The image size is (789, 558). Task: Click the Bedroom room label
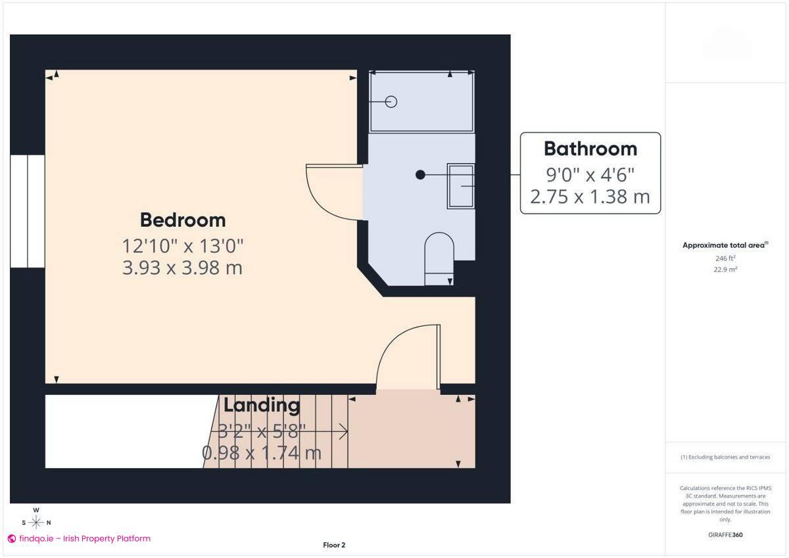(x=182, y=220)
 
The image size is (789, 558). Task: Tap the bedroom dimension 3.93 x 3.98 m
(x=182, y=267)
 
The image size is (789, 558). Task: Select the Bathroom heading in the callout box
(x=590, y=149)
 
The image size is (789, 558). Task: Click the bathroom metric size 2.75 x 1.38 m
(x=590, y=197)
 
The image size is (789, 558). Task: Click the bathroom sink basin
(x=461, y=186)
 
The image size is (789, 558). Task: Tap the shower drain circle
(x=391, y=101)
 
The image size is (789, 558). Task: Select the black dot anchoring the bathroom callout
(x=420, y=175)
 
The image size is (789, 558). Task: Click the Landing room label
(x=262, y=405)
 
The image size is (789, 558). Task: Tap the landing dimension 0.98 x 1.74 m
(x=261, y=453)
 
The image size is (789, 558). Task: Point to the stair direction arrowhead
(x=343, y=432)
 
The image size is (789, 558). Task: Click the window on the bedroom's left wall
(x=27, y=211)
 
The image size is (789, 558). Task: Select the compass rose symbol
(x=36, y=522)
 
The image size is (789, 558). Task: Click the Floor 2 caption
(x=334, y=545)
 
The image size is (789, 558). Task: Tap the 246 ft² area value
(x=725, y=258)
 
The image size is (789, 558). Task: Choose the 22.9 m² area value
(x=725, y=269)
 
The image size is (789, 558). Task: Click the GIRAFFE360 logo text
(x=725, y=535)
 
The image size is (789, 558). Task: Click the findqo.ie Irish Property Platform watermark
(x=79, y=538)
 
